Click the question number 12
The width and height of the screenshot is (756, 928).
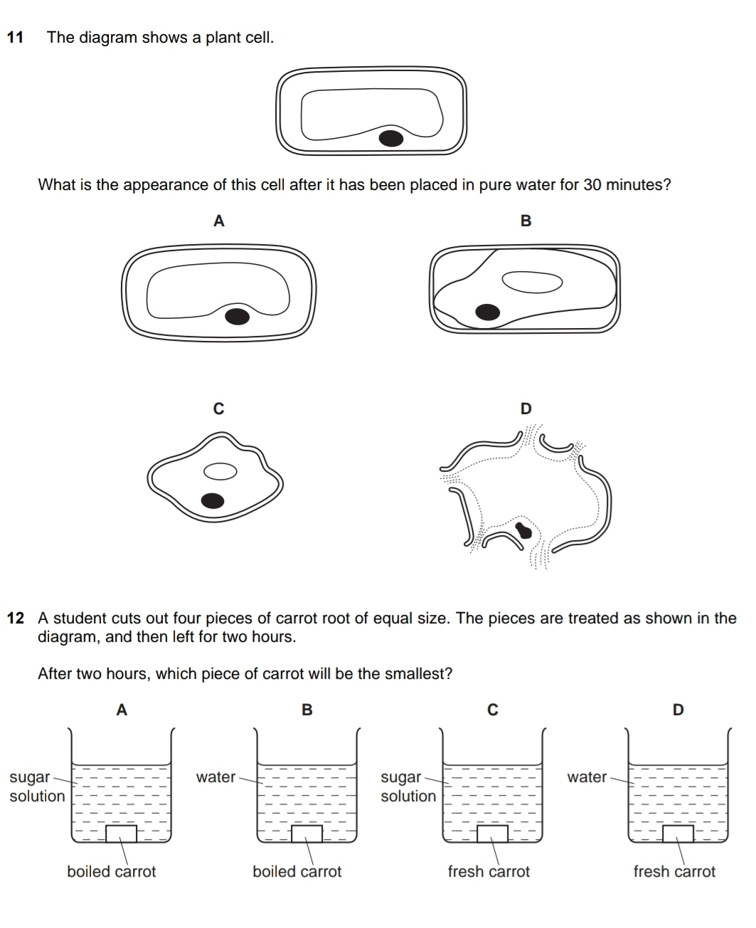(16, 618)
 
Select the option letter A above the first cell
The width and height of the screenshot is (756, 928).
(218, 221)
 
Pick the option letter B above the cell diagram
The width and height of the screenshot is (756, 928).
(526, 221)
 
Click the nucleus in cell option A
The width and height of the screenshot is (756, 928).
(237, 315)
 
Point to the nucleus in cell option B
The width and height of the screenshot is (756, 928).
(487, 311)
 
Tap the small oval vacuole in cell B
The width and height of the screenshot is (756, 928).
(532, 282)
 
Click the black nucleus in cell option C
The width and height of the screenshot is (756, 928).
(213, 501)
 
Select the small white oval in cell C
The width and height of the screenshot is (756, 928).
(220, 471)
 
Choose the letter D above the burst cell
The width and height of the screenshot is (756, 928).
(526, 408)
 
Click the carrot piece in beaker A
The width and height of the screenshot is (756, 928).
(121, 833)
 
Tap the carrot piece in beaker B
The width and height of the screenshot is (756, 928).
(307, 833)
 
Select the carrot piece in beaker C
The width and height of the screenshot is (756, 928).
(492, 833)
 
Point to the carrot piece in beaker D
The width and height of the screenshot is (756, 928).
(678, 833)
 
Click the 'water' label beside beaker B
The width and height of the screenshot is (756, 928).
(215, 777)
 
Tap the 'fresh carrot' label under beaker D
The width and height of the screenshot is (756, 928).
(674, 872)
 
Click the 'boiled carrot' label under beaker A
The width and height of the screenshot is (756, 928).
(111, 872)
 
